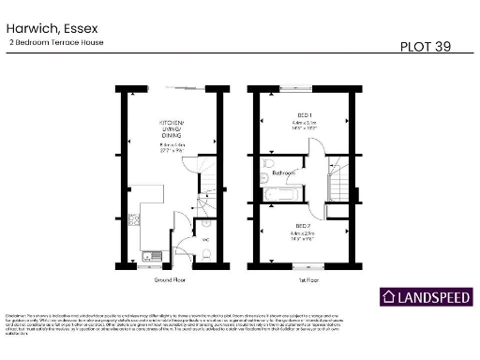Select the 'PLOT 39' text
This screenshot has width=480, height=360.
click(425, 46)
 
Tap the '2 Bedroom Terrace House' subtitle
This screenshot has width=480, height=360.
click(55, 43)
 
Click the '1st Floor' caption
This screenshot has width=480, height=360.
click(305, 279)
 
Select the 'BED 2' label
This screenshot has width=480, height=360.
click(303, 226)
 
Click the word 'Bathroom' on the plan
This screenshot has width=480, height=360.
click(284, 173)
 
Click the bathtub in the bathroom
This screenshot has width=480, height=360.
click(281, 195)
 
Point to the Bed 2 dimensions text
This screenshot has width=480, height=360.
click(303, 236)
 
